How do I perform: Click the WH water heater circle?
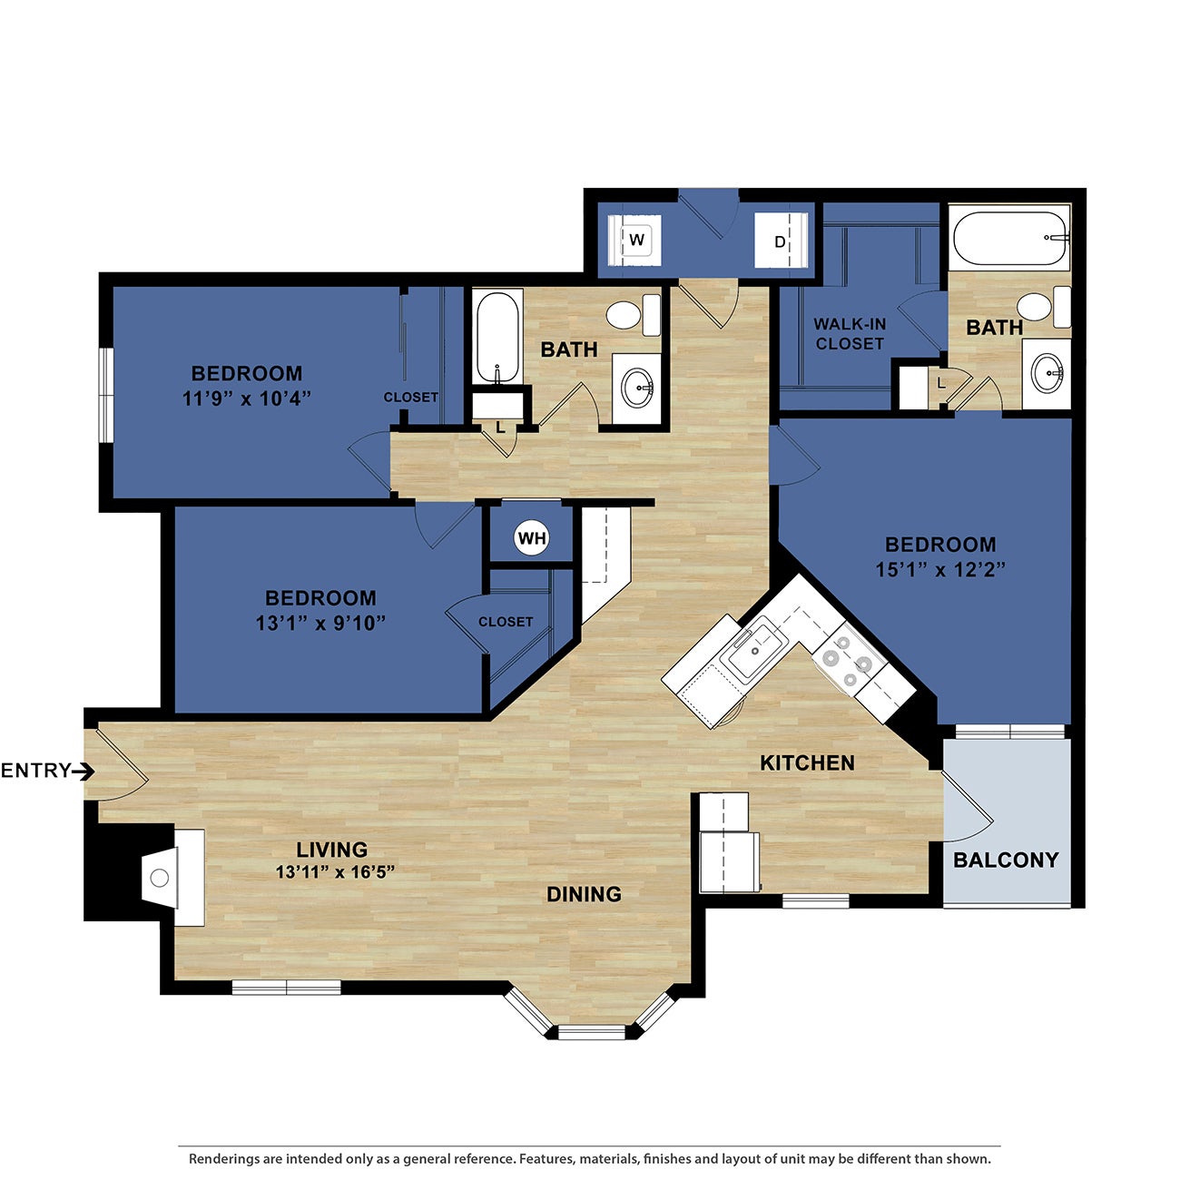click(x=531, y=538)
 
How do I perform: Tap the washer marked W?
click(x=636, y=241)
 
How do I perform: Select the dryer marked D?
click(x=780, y=242)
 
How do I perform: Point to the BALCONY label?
click(x=1006, y=860)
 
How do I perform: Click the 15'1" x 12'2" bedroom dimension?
click(x=940, y=570)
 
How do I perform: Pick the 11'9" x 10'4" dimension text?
click(x=247, y=398)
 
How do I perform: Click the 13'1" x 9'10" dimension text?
click(x=320, y=623)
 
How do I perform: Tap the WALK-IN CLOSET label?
click(x=849, y=334)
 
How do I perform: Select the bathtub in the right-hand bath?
click(x=1009, y=238)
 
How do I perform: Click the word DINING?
click(x=584, y=894)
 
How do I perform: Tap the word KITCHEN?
click(x=807, y=762)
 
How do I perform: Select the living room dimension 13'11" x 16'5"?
click(x=335, y=872)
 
